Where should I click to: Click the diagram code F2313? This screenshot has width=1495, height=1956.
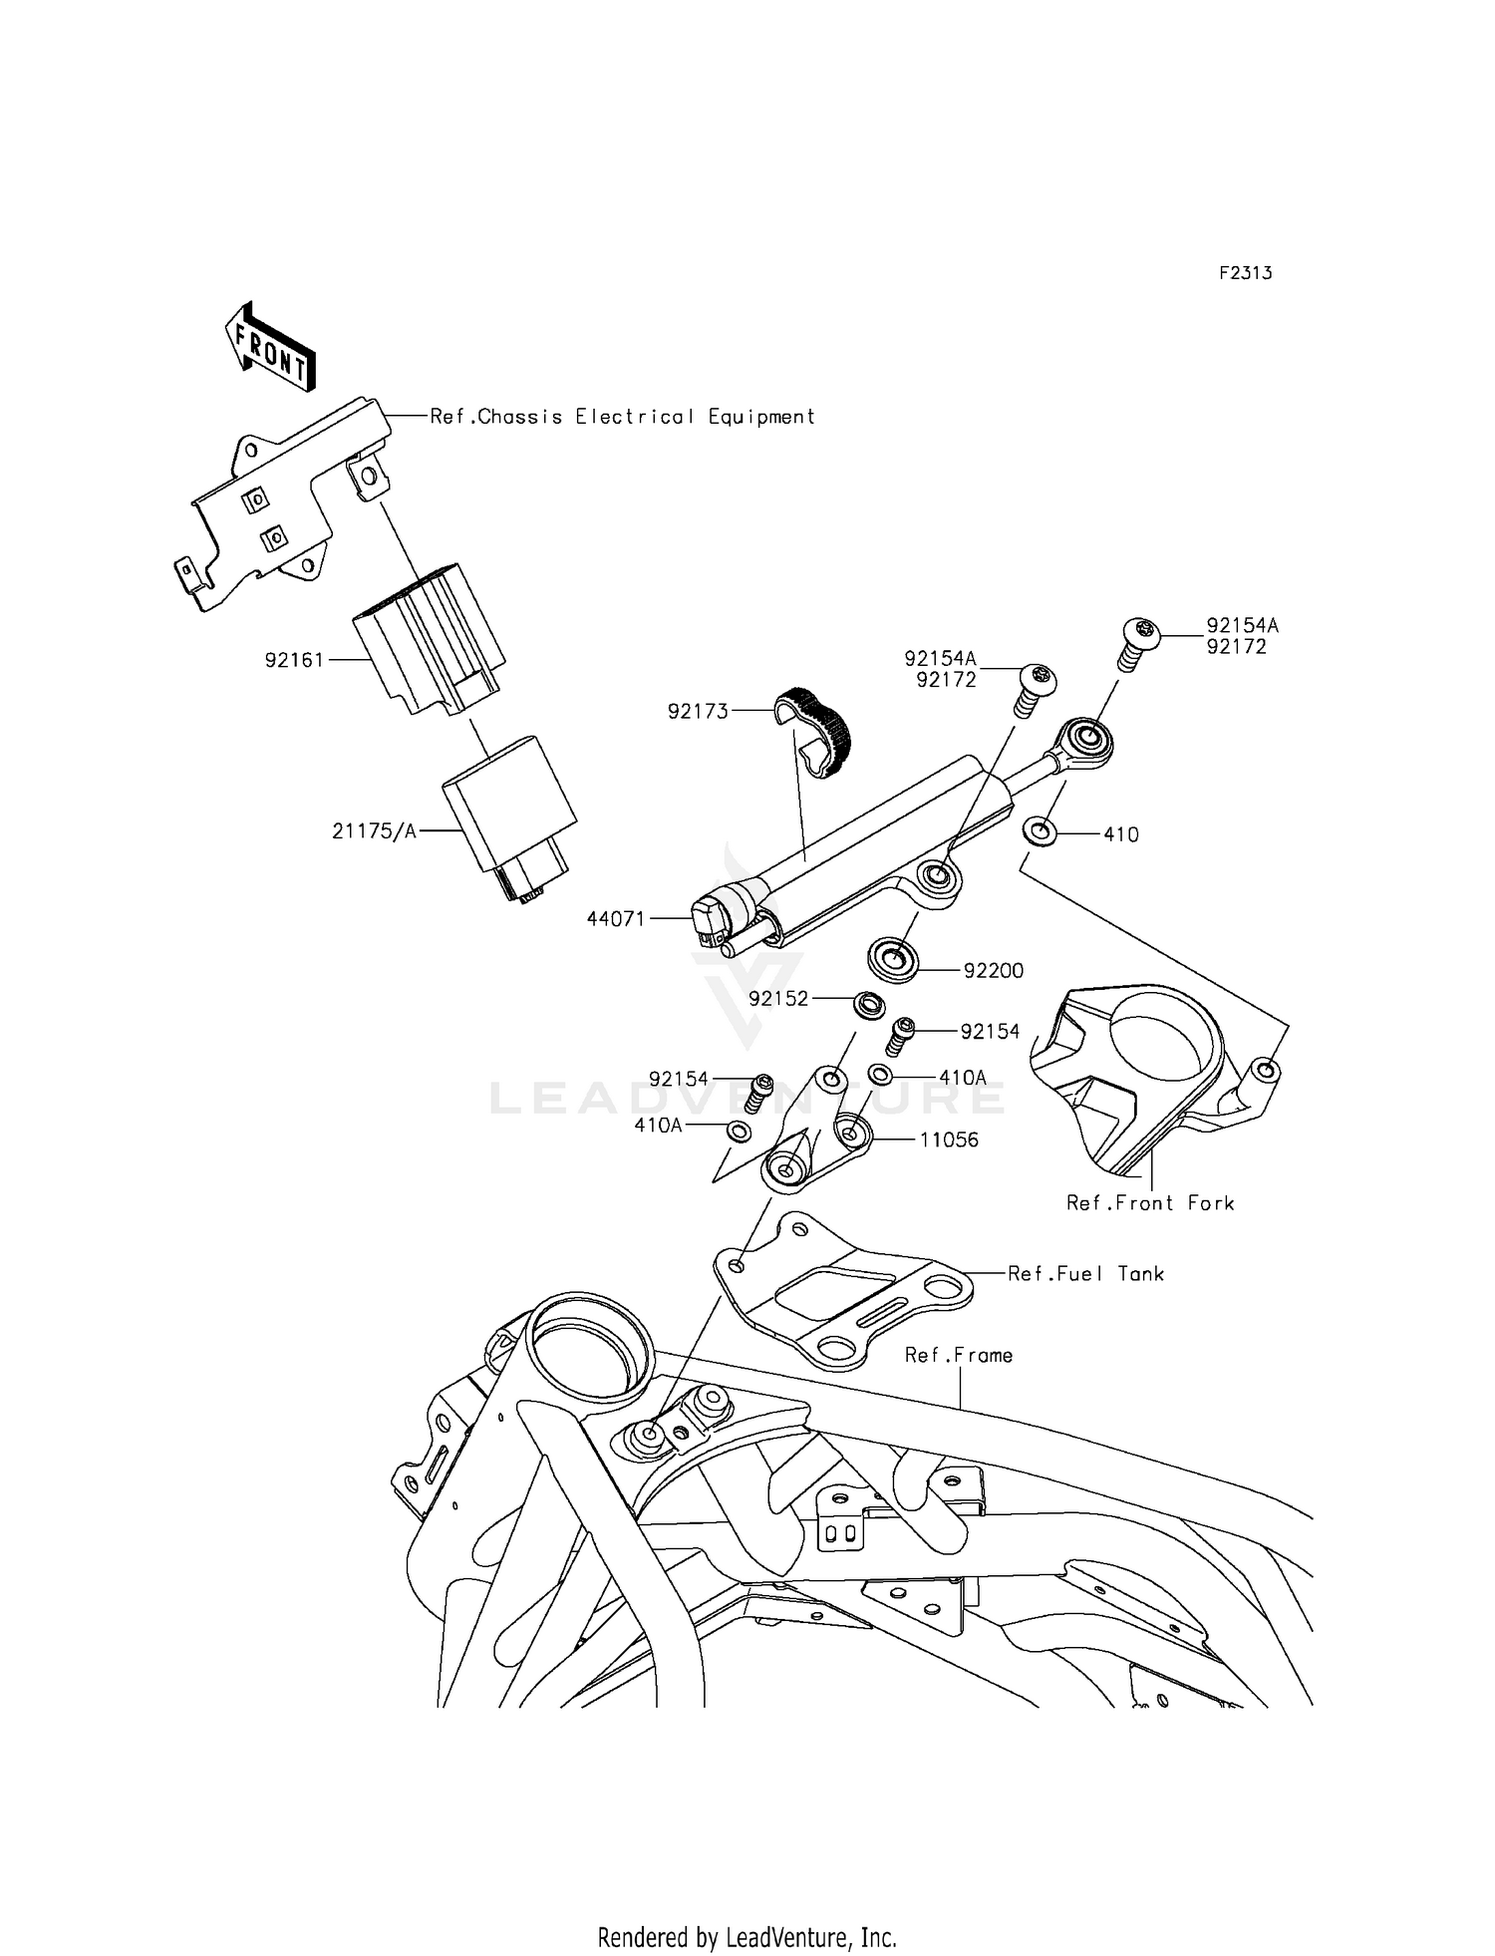click(1245, 273)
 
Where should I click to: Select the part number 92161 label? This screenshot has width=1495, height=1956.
click(294, 660)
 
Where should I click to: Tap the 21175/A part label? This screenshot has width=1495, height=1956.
click(374, 831)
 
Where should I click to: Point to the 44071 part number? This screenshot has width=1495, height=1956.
click(616, 919)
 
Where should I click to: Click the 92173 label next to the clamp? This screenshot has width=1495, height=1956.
click(698, 711)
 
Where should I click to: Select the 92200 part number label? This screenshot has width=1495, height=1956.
click(993, 970)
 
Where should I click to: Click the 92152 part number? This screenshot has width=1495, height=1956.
click(778, 999)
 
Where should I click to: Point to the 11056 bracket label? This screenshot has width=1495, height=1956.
click(948, 1140)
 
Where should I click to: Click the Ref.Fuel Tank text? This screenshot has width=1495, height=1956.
click(1085, 1274)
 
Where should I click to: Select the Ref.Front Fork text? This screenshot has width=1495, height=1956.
click(1150, 1203)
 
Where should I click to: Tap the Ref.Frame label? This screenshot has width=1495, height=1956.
click(958, 1355)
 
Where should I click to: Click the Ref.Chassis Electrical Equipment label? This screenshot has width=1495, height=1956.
click(622, 417)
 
